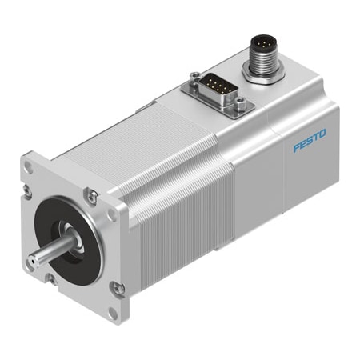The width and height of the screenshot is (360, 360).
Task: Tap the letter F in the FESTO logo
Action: pos(296,149)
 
